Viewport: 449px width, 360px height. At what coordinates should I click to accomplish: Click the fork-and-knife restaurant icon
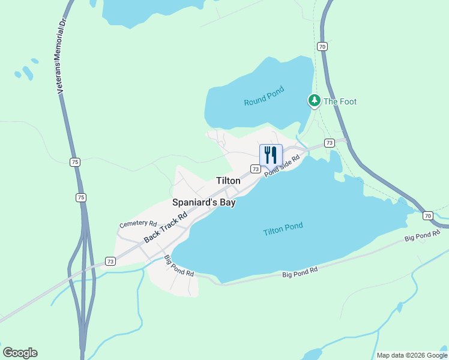[x=271, y=155]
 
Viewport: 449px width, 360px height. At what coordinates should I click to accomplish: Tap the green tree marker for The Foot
[x=314, y=101]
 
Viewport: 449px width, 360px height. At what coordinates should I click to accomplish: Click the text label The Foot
[x=340, y=101]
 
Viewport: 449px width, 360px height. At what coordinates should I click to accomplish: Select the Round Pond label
[x=264, y=97]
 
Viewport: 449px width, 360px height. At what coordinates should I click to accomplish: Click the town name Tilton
[x=228, y=181]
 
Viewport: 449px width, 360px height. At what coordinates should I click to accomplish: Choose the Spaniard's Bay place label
[x=203, y=203]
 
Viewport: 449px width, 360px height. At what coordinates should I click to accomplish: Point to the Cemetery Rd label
[x=137, y=223]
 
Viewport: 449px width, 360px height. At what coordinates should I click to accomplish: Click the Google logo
[x=20, y=353]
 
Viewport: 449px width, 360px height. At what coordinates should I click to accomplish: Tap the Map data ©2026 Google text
[x=412, y=355]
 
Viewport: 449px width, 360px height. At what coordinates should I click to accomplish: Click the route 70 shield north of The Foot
[x=322, y=46]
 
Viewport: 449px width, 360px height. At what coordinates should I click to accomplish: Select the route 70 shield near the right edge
[x=427, y=215]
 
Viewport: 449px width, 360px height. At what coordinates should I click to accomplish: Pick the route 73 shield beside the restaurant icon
[x=256, y=170]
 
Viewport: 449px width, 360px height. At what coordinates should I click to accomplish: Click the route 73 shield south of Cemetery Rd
[x=110, y=261]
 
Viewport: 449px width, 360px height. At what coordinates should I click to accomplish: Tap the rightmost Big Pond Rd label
[x=423, y=237]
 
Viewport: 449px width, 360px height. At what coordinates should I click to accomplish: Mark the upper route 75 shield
[x=74, y=162]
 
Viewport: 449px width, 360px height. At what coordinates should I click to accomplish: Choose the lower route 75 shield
[x=81, y=197]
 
